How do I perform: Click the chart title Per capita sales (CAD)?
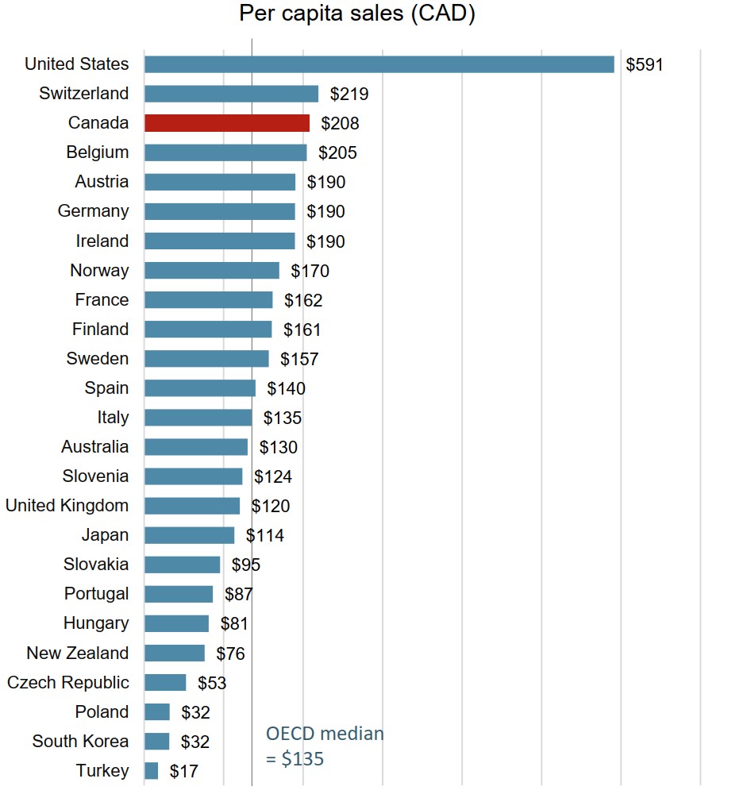pos(357,14)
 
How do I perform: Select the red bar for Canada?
pos(227,123)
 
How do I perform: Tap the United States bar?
pos(379,64)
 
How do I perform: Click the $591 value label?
pos(644,64)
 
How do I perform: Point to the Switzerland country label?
pos(83,94)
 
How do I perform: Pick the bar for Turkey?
pos(151,770)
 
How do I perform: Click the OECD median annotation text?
pos(324,746)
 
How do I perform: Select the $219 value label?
pos(349,94)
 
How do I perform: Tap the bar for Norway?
pos(211,271)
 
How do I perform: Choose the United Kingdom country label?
pos(67,506)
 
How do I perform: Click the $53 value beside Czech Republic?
pos(206,683)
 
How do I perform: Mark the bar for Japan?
pos(189,535)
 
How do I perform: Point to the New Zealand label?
pos(77,653)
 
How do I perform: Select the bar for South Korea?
pos(156,741)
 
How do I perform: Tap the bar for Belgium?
pos(225,152)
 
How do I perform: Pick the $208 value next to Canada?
pos(340,123)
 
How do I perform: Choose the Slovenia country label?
pos(95,476)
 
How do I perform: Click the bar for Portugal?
pos(179,594)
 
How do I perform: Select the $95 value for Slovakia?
pos(245,565)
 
